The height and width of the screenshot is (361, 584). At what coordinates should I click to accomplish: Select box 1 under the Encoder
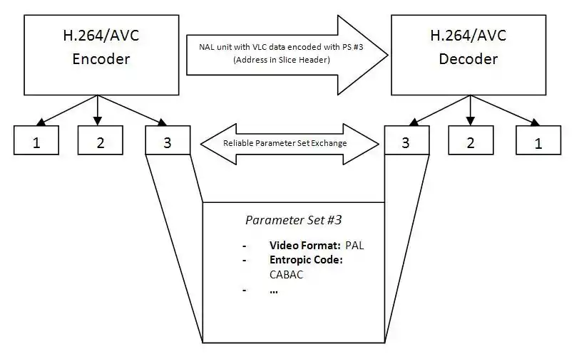click(36, 141)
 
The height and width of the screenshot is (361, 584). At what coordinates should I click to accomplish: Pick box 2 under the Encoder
click(101, 141)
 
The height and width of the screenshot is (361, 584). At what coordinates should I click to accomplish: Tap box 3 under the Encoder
click(167, 141)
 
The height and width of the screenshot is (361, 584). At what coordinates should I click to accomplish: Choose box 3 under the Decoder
click(406, 141)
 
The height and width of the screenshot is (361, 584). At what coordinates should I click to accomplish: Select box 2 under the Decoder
click(471, 141)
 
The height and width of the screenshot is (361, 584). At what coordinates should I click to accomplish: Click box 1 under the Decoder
click(538, 141)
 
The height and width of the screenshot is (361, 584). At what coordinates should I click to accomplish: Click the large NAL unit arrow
click(285, 53)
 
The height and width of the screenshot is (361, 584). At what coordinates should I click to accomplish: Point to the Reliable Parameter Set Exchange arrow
click(289, 143)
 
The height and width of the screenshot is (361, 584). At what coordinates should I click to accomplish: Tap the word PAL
click(354, 245)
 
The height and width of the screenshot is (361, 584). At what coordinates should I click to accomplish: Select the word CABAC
click(286, 274)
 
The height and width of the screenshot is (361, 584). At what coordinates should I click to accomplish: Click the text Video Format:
click(304, 245)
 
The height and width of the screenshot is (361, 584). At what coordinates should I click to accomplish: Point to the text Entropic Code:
click(306, 260)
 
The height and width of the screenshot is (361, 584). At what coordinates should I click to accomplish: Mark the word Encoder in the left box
click(101, 59)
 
